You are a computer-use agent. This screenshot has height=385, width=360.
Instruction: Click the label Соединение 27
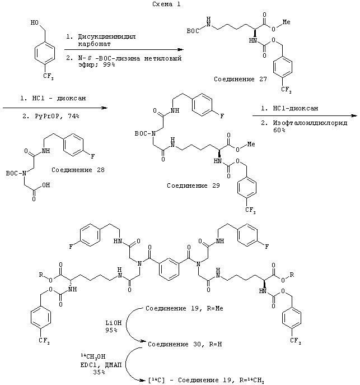240,80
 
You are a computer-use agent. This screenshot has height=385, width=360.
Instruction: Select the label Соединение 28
77,168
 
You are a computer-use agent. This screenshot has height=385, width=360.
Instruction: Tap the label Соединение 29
193,183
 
